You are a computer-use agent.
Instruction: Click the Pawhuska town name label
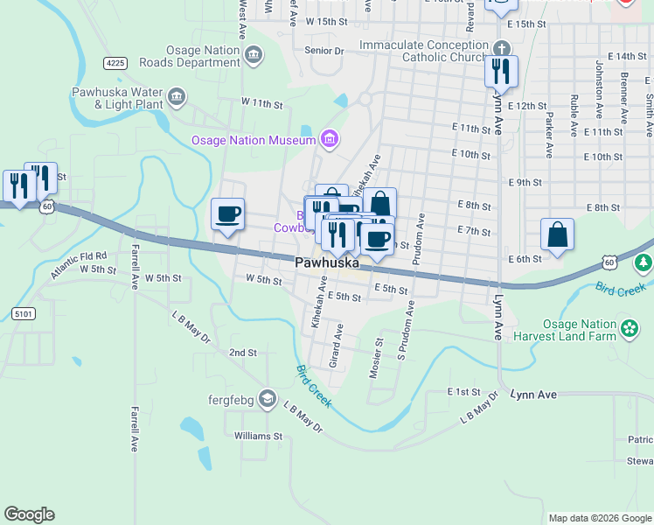[x=328, y=262]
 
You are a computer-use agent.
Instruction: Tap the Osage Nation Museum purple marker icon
[x=330, y=137]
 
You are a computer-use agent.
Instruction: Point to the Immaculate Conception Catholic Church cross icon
[x=501, y=49]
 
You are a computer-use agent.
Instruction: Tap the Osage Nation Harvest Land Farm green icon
[x=630, y=329]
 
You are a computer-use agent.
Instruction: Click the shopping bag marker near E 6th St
[x=557, y=235]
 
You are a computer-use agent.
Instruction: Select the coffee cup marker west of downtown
[x=228, y=214]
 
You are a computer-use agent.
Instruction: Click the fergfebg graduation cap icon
[x=268, y=401]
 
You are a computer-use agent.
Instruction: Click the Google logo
[x=29, y=514]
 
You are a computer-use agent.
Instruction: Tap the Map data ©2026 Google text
[x=599, y=518]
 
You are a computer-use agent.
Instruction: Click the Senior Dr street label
[x=324, y=52]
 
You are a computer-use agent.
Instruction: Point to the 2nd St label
[x=242, y=353]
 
